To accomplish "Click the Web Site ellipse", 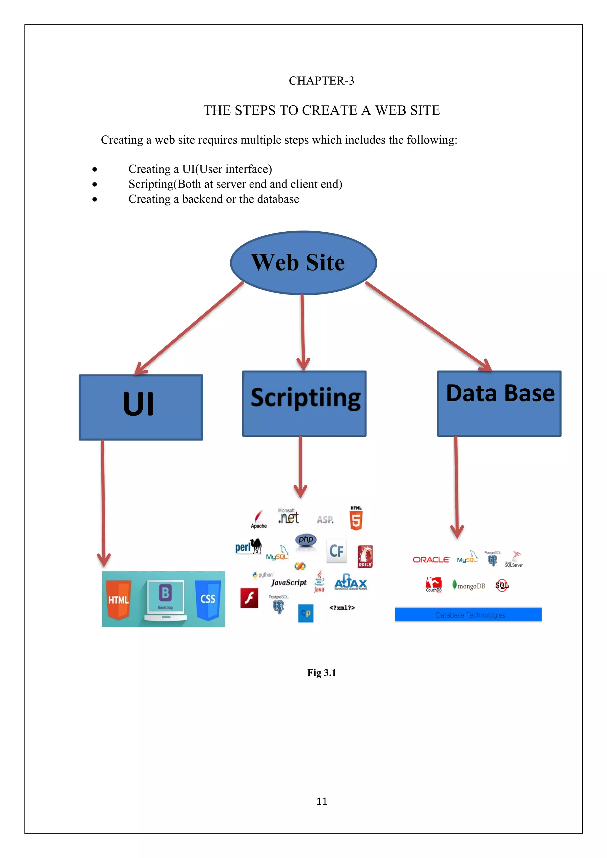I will click(303, 263).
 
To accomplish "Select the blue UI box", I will click(140, 407).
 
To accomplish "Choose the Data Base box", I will click(499, 403).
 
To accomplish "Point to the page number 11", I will click(322, 801).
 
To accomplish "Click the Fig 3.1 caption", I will click(322, 673).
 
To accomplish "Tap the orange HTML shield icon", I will click(119, 599).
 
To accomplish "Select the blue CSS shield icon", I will click(208, 599).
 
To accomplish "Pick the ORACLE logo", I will click(431, 559).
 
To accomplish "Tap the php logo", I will click(306, 540).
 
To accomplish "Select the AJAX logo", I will click(351, 582).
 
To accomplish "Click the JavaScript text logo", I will click(289, 582).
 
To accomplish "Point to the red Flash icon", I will click(249, 598).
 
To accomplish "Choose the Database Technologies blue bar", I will click(468, 615).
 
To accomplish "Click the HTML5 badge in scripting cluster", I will click(356, 519).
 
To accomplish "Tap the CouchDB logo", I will click(434, 584).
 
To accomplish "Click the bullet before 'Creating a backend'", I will click(95, 200).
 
